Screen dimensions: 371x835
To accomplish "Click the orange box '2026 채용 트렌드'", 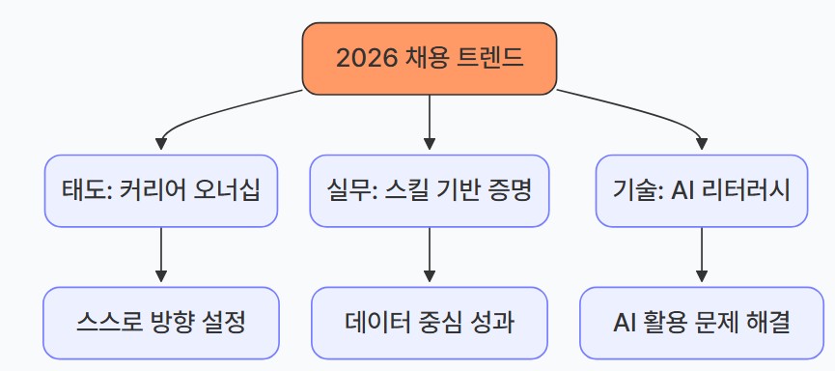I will click(x=430, y=58).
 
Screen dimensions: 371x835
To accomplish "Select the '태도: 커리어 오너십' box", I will click(x=160, y=190).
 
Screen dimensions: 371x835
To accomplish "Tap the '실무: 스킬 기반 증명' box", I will click(x=430, y=190).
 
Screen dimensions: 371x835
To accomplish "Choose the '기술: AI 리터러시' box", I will click(x=700, y=190).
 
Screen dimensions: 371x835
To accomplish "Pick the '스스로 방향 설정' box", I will click(x=160, y=322).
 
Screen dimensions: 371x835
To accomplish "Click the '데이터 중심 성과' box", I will click(x=430, y=322).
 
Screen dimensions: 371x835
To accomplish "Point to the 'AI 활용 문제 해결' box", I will click(x=701, y=322).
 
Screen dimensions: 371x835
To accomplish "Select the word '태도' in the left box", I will click(x=87, y=190).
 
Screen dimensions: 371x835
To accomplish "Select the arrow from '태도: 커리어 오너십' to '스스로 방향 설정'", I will click(x=160, y=256).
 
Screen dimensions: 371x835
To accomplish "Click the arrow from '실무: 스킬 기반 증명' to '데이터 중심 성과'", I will click(x=430, y=256).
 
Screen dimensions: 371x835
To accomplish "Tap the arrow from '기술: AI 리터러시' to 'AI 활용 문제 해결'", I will click(x=700, y=256).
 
